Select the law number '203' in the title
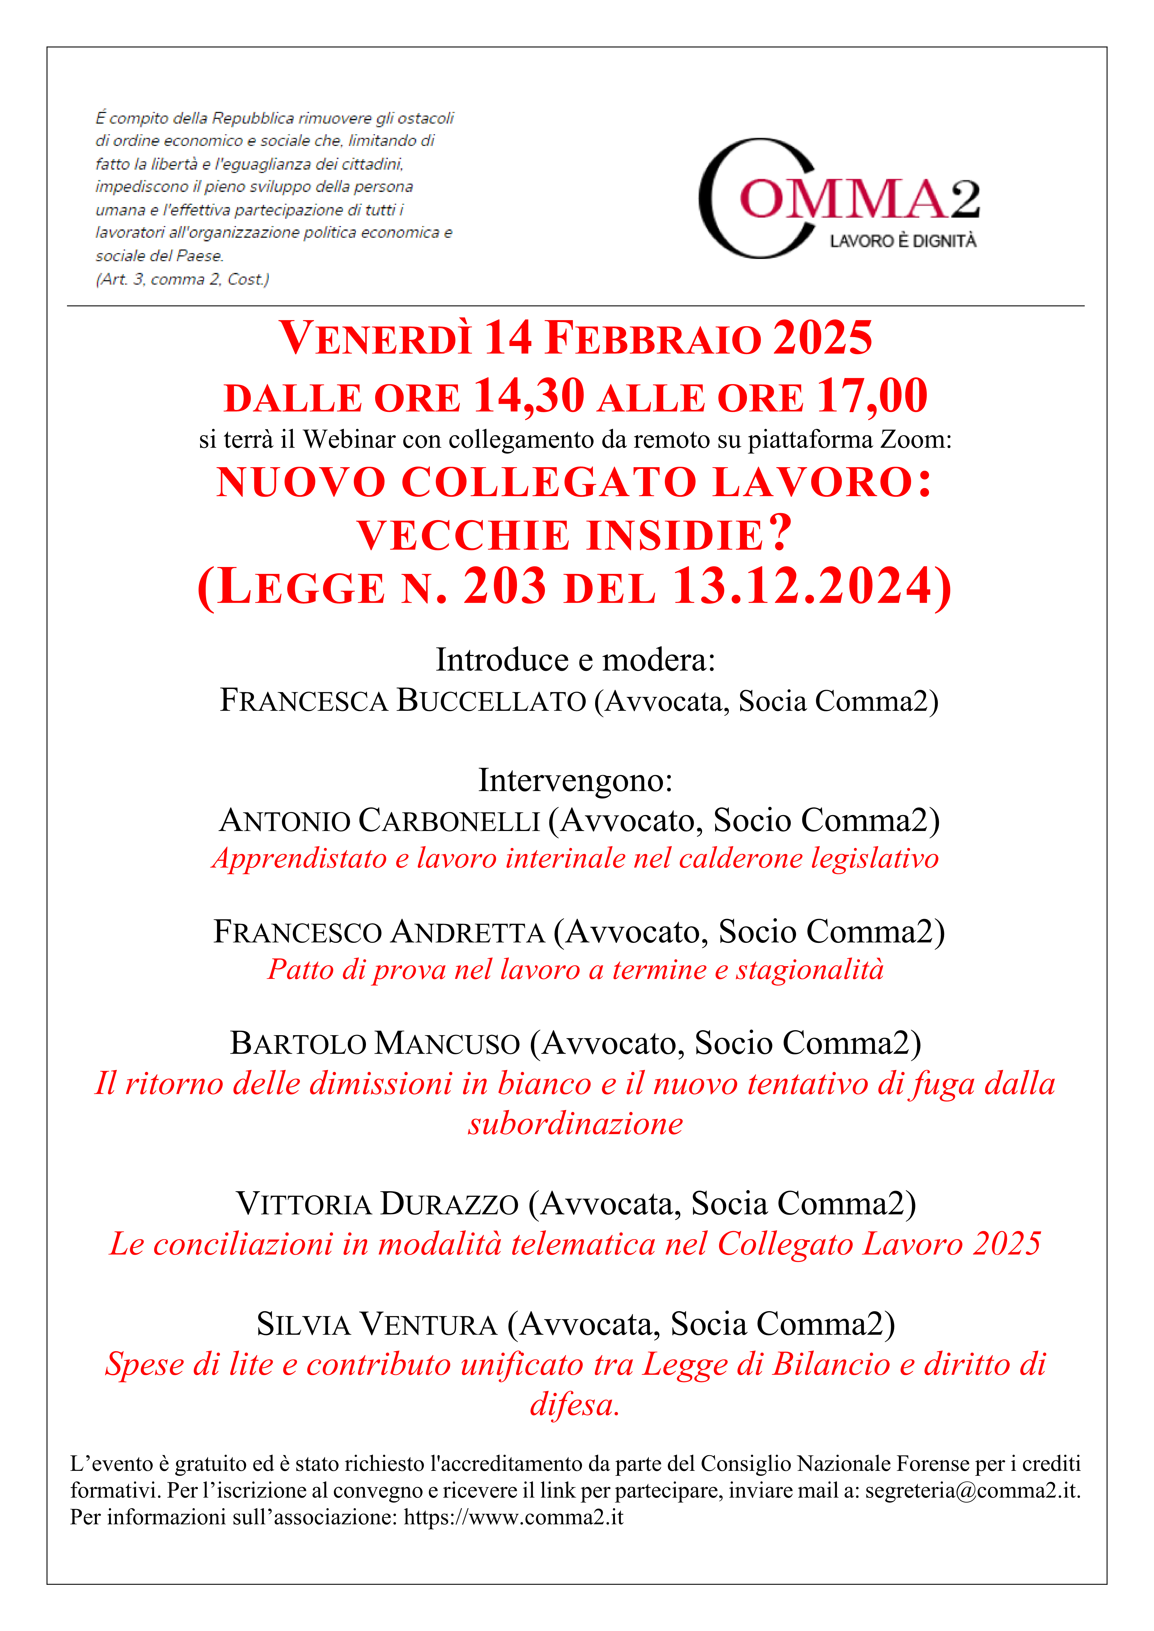click(504, 587)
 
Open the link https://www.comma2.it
click(513, 1517)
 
